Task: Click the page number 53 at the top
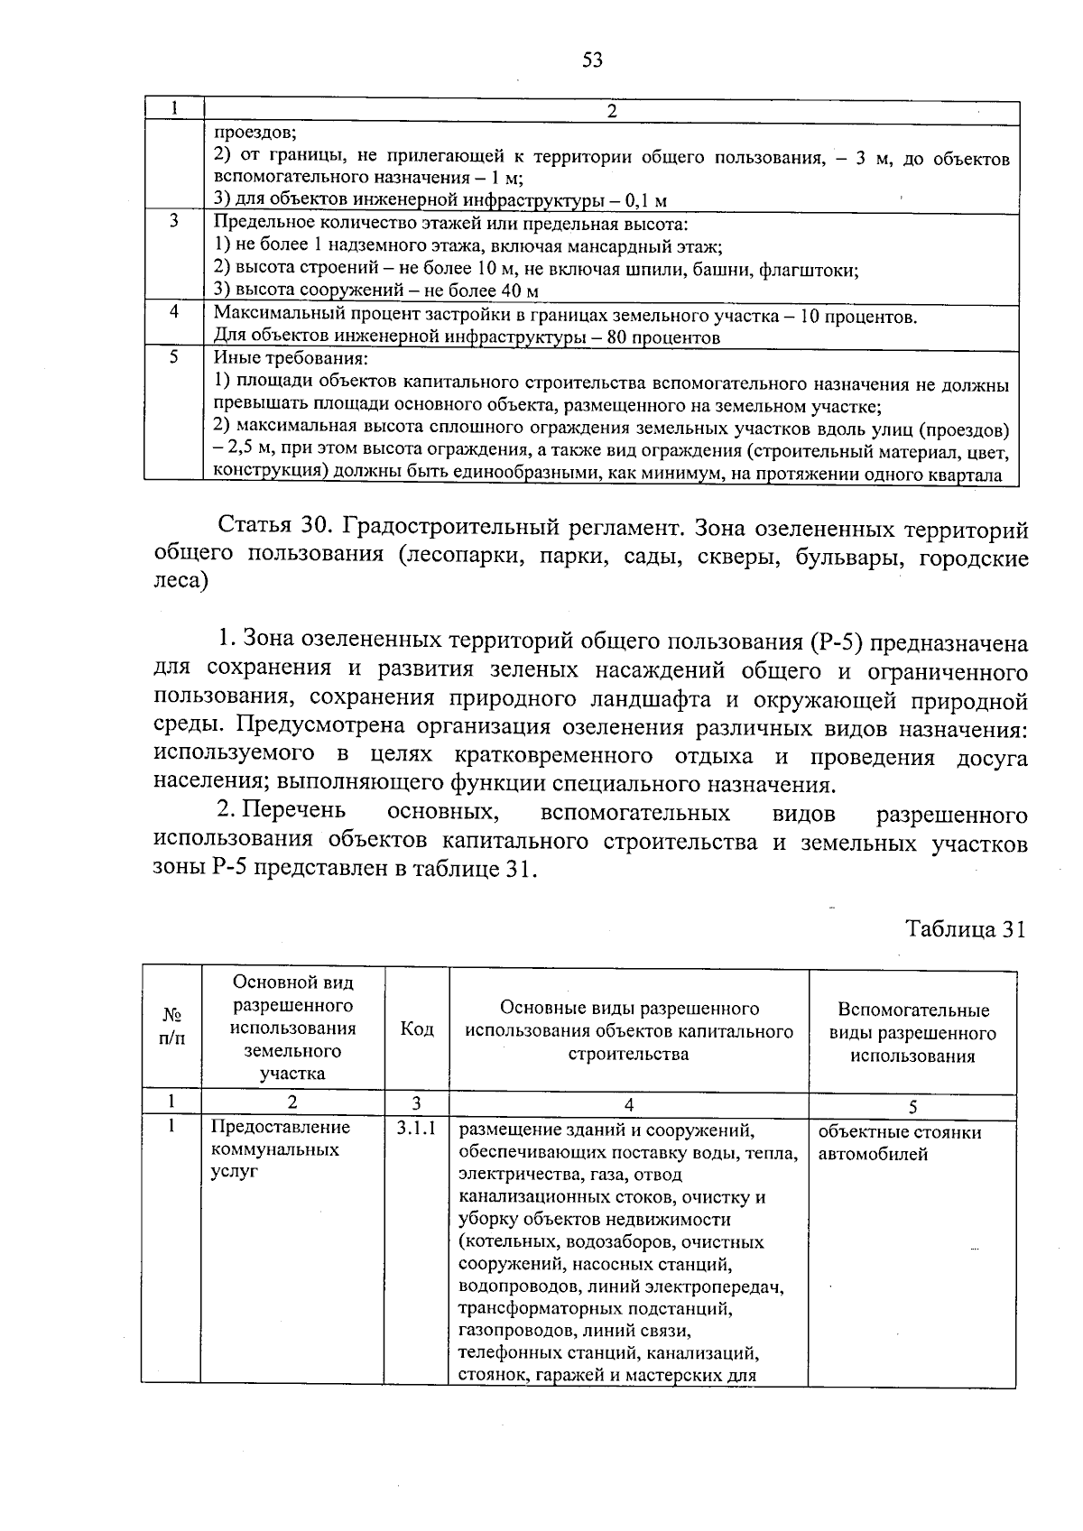(592, 60)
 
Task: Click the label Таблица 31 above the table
(965, 930)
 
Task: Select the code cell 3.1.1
(416, 1128)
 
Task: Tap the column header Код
(416, 1029)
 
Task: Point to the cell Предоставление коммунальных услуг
(280, 1149)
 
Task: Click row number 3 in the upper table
(173, 221)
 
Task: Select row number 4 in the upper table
(173, 312)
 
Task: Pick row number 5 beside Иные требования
(173, 357)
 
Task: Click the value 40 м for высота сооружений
(520, 291)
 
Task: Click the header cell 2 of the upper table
(611, 112)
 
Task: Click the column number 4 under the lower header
(628, 1104)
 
